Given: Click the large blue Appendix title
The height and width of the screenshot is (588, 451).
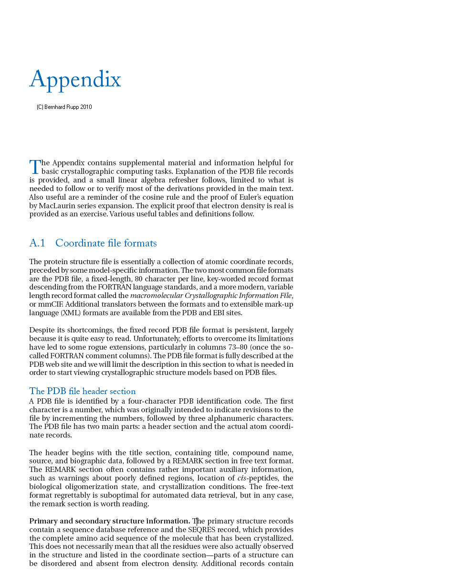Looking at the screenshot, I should [75, 80].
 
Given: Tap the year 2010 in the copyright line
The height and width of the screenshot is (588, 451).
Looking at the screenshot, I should [86, 107].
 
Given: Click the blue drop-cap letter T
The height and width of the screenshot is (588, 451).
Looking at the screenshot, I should [35, 167].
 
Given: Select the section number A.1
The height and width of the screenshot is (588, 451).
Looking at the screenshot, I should [37, 243].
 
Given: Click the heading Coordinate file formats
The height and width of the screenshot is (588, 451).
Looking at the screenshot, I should [106, 243].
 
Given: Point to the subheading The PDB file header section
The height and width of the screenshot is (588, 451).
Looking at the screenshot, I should [83, 391].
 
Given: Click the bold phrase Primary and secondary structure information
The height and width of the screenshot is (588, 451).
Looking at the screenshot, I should [110, 521].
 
